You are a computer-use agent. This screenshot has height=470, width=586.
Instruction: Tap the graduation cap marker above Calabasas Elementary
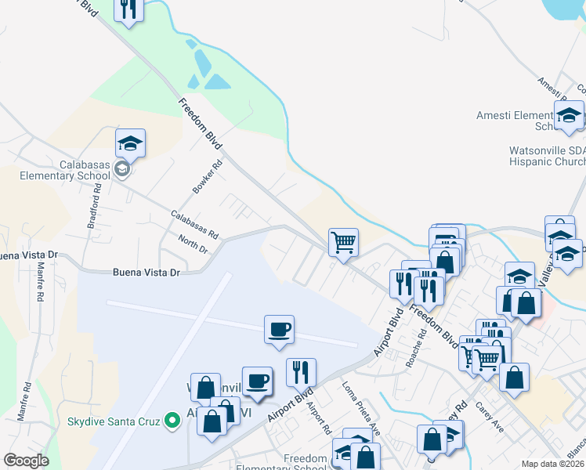tap(131, 143)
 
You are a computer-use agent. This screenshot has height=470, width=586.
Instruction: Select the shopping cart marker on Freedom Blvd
tap(343, 242)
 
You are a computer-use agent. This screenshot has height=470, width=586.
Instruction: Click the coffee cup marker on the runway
tap(280, 329)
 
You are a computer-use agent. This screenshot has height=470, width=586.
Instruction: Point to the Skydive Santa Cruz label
tap(113, 421)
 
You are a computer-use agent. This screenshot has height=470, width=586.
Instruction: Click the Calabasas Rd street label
tap(195, 223)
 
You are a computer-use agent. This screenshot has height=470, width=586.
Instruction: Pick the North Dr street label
tap(192, 244)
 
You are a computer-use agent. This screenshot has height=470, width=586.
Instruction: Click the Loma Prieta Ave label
tap(361, 408)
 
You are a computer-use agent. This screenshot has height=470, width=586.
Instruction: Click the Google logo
tap(27, 460)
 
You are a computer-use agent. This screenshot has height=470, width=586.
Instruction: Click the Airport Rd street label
tap(318, 416)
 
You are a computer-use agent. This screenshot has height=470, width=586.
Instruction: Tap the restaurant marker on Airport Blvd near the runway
tap(301, 372)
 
